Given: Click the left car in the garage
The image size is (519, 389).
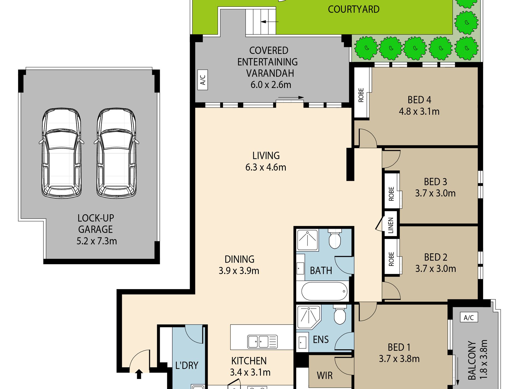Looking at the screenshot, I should [61, 153].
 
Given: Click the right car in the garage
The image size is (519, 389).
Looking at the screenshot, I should [117, 153].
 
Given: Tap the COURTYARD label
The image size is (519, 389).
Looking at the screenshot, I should [353, 10].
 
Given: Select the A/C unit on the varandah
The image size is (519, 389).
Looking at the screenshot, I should [202, 80].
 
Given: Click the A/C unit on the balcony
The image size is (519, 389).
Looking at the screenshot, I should [469, 317].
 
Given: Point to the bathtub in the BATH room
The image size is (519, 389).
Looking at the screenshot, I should [324, 291].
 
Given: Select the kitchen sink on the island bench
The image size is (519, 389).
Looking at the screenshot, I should [262, 342].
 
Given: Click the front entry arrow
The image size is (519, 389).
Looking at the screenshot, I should [139, 374].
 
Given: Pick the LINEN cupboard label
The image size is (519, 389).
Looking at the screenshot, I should [391, 225].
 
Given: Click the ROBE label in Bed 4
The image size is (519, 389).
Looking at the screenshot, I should [361, 95].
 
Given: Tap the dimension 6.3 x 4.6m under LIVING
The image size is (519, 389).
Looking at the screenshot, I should [266, 167].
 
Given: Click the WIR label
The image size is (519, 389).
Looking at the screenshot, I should [325, 376].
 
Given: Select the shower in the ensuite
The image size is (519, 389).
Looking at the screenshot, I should [308, 317].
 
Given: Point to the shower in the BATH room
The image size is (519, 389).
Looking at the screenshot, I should [308, 240].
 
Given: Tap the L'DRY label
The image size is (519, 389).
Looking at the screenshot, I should [187, 365].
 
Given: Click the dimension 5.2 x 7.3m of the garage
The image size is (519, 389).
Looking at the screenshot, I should [97, 241].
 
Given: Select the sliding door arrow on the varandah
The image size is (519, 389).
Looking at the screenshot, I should [291, 97].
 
